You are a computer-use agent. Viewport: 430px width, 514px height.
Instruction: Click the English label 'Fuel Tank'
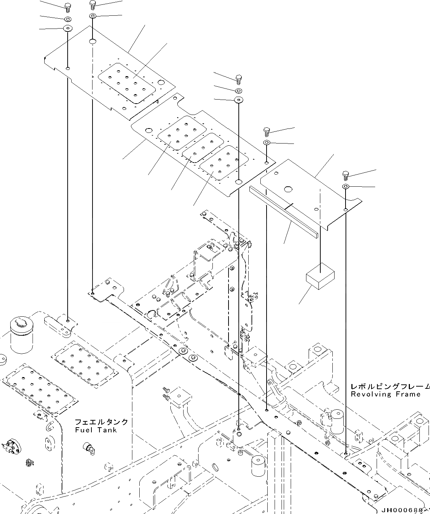(96, 430)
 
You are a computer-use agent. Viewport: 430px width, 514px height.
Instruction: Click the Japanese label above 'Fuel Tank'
(101, 422)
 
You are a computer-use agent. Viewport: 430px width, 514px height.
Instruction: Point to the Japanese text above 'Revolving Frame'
(390, 386)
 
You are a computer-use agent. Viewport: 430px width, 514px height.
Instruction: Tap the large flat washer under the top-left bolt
(68, 29)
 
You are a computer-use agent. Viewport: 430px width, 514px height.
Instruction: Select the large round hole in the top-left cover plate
(93, 42)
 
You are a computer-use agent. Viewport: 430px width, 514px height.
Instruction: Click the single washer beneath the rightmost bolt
(346, 187)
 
